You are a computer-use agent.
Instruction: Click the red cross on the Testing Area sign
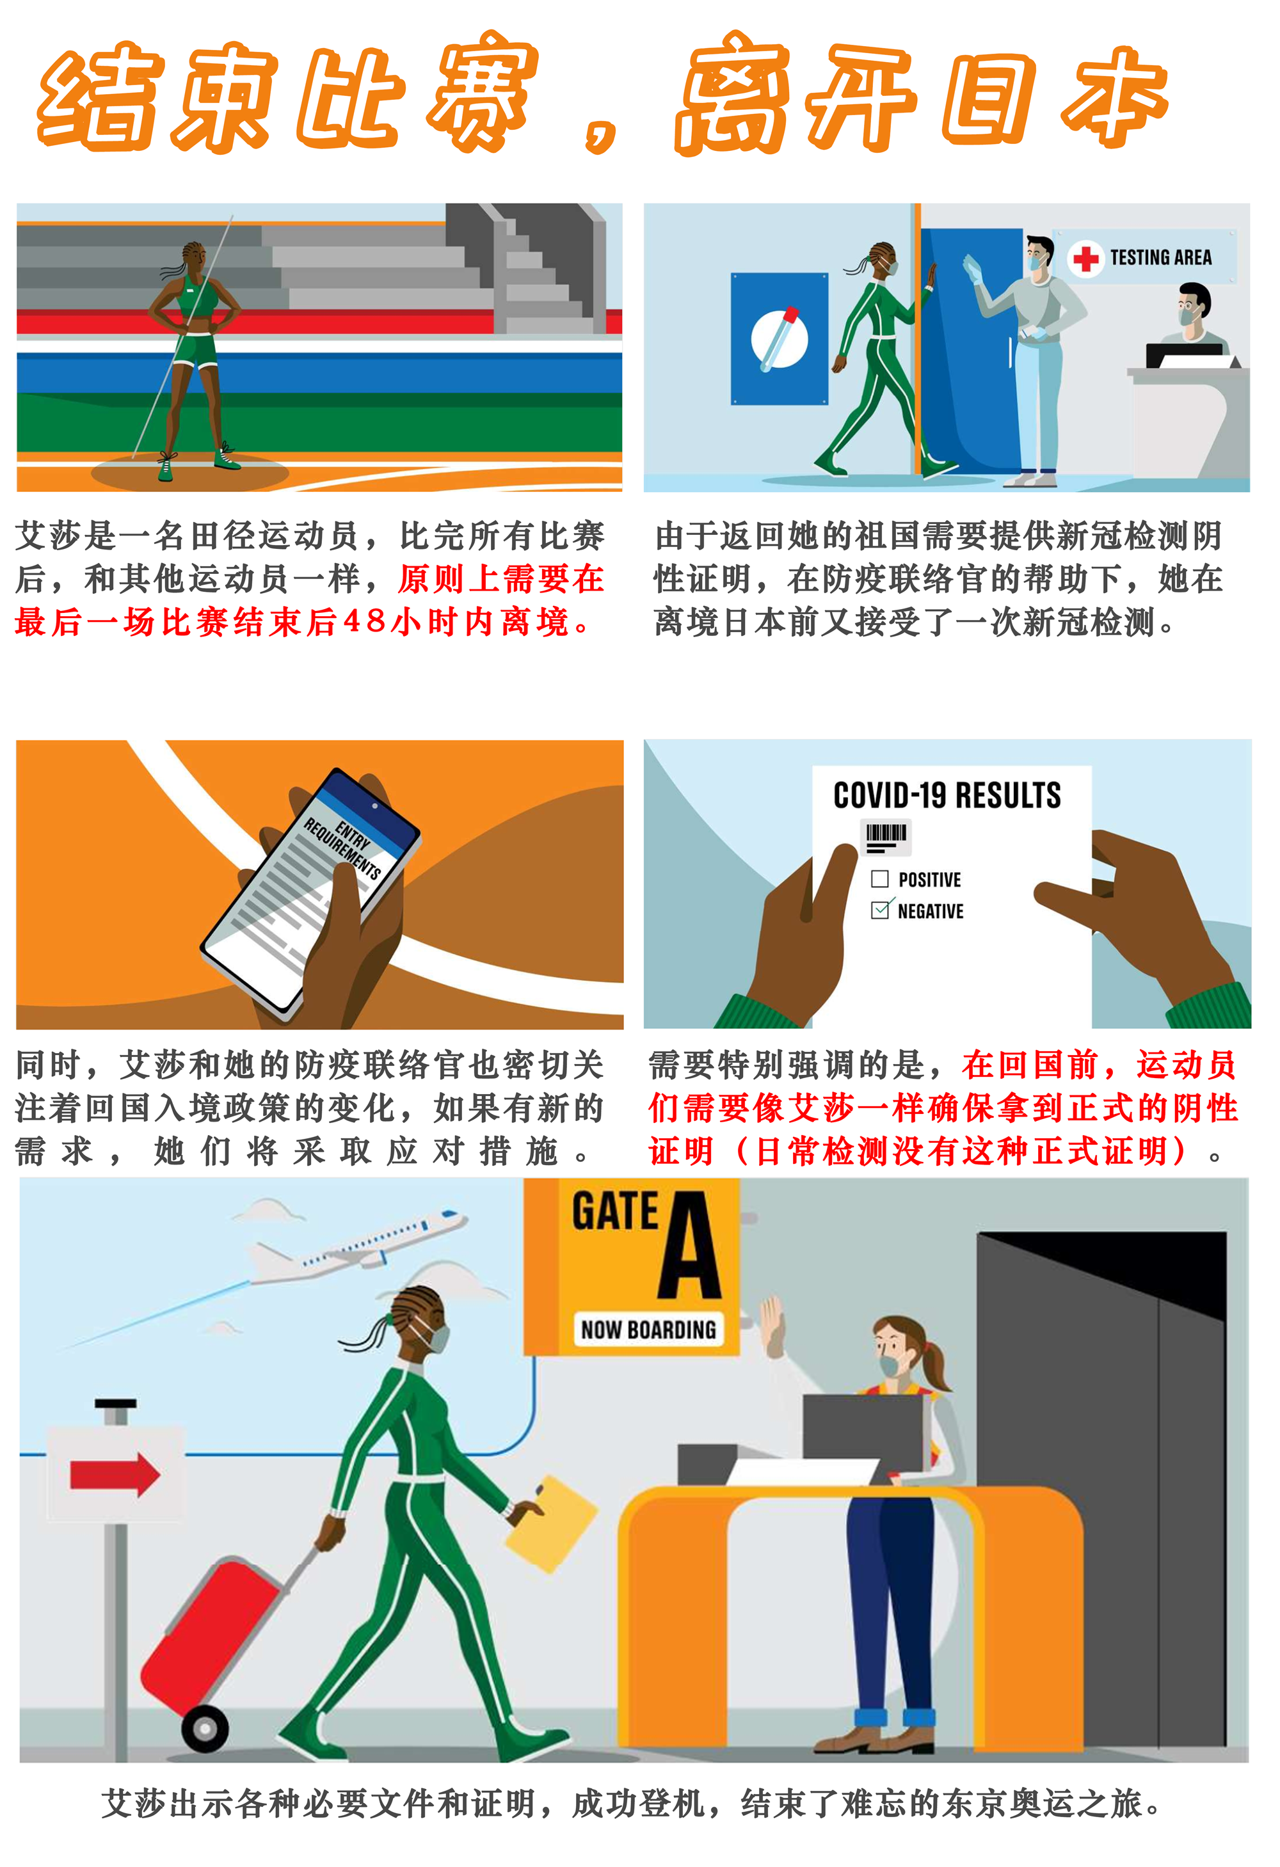(1086, 258)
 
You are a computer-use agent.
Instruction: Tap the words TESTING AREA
(1160, 258)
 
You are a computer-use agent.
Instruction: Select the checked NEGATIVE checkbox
(881, 909)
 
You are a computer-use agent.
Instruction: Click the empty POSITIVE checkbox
(880, 879)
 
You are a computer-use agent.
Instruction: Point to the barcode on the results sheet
(886, 836)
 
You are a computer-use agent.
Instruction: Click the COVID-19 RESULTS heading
(947, 795)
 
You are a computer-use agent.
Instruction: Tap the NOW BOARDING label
(648, 1330)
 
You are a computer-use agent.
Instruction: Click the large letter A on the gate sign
(690, 1244)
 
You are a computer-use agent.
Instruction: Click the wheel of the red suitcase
(205, 1728)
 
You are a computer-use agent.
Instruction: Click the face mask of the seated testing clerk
(1188, 315)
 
